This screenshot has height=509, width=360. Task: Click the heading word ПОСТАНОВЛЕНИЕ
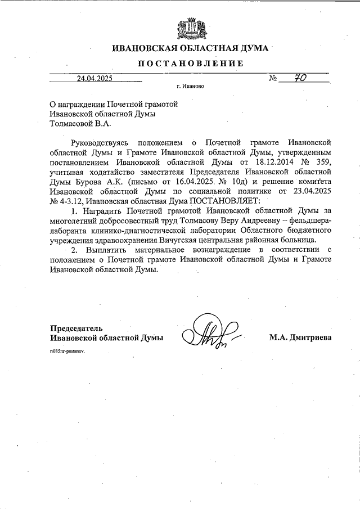191,64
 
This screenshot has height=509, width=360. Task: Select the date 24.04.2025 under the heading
95,79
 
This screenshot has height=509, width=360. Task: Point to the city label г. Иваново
190,87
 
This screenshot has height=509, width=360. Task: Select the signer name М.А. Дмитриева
301,337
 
